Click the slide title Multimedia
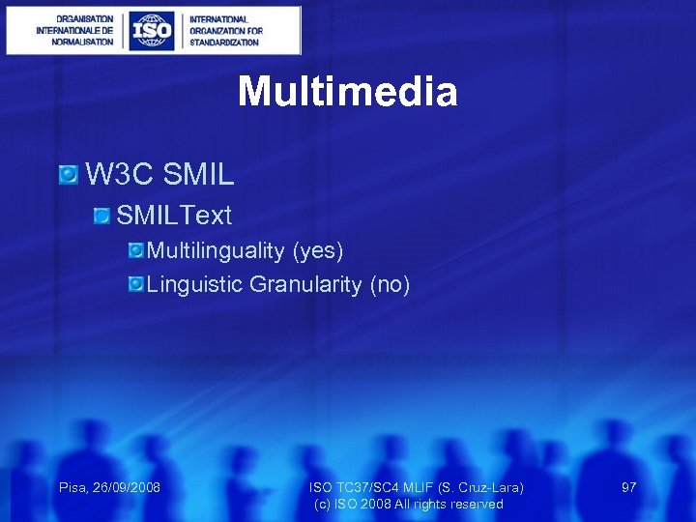tap(347, 92)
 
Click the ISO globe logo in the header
tap(152, 31)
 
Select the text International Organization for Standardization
tap(225, 31)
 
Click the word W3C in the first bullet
tap(121, 175)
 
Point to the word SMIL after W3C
tap(199, 175)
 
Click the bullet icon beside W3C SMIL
tap(68, 175)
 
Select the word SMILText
tap(174, 215)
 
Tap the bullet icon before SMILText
tap(102, 215)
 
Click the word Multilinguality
tap(217, 251)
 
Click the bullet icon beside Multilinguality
tap(136, 251)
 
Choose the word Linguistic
tap(195, 284)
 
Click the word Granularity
tap(306, 284)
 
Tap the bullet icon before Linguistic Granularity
tap(136, 284)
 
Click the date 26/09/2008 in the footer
tap(127, 487)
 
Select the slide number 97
tap(628, 487)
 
